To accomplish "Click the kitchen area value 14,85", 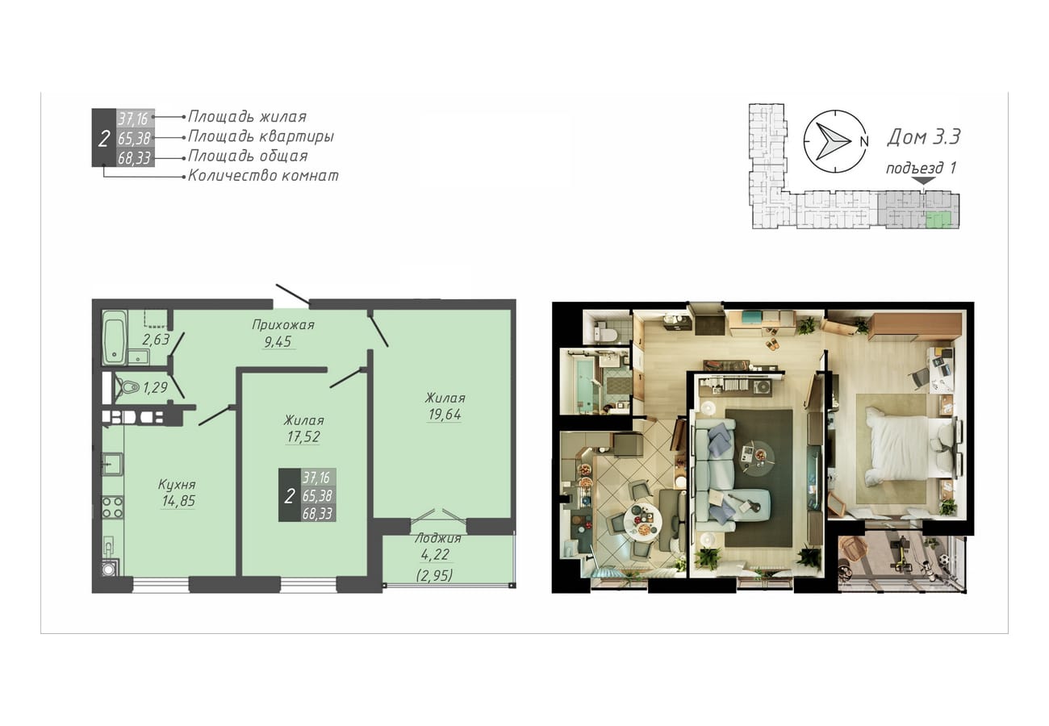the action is (178, 501).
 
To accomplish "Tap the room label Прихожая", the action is (283, 324).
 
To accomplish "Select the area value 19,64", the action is (445, 415).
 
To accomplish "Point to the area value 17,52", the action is (303, 436).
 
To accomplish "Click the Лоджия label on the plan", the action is (438, 538).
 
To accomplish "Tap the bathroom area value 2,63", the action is (156, 340).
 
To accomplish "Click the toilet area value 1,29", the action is (155, 387).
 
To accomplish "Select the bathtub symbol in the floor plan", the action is (115, 337).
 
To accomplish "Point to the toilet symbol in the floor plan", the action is (127, 387).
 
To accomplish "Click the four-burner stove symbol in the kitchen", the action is (112, 507).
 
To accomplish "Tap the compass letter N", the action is (864, 141).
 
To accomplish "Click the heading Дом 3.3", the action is (923, 136).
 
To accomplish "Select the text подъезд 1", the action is (920, 168).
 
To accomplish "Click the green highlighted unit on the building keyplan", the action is (938, 219).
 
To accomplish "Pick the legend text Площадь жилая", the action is (247, 116).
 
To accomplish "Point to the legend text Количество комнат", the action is (263, 176).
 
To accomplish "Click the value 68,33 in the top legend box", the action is (134, 158).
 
